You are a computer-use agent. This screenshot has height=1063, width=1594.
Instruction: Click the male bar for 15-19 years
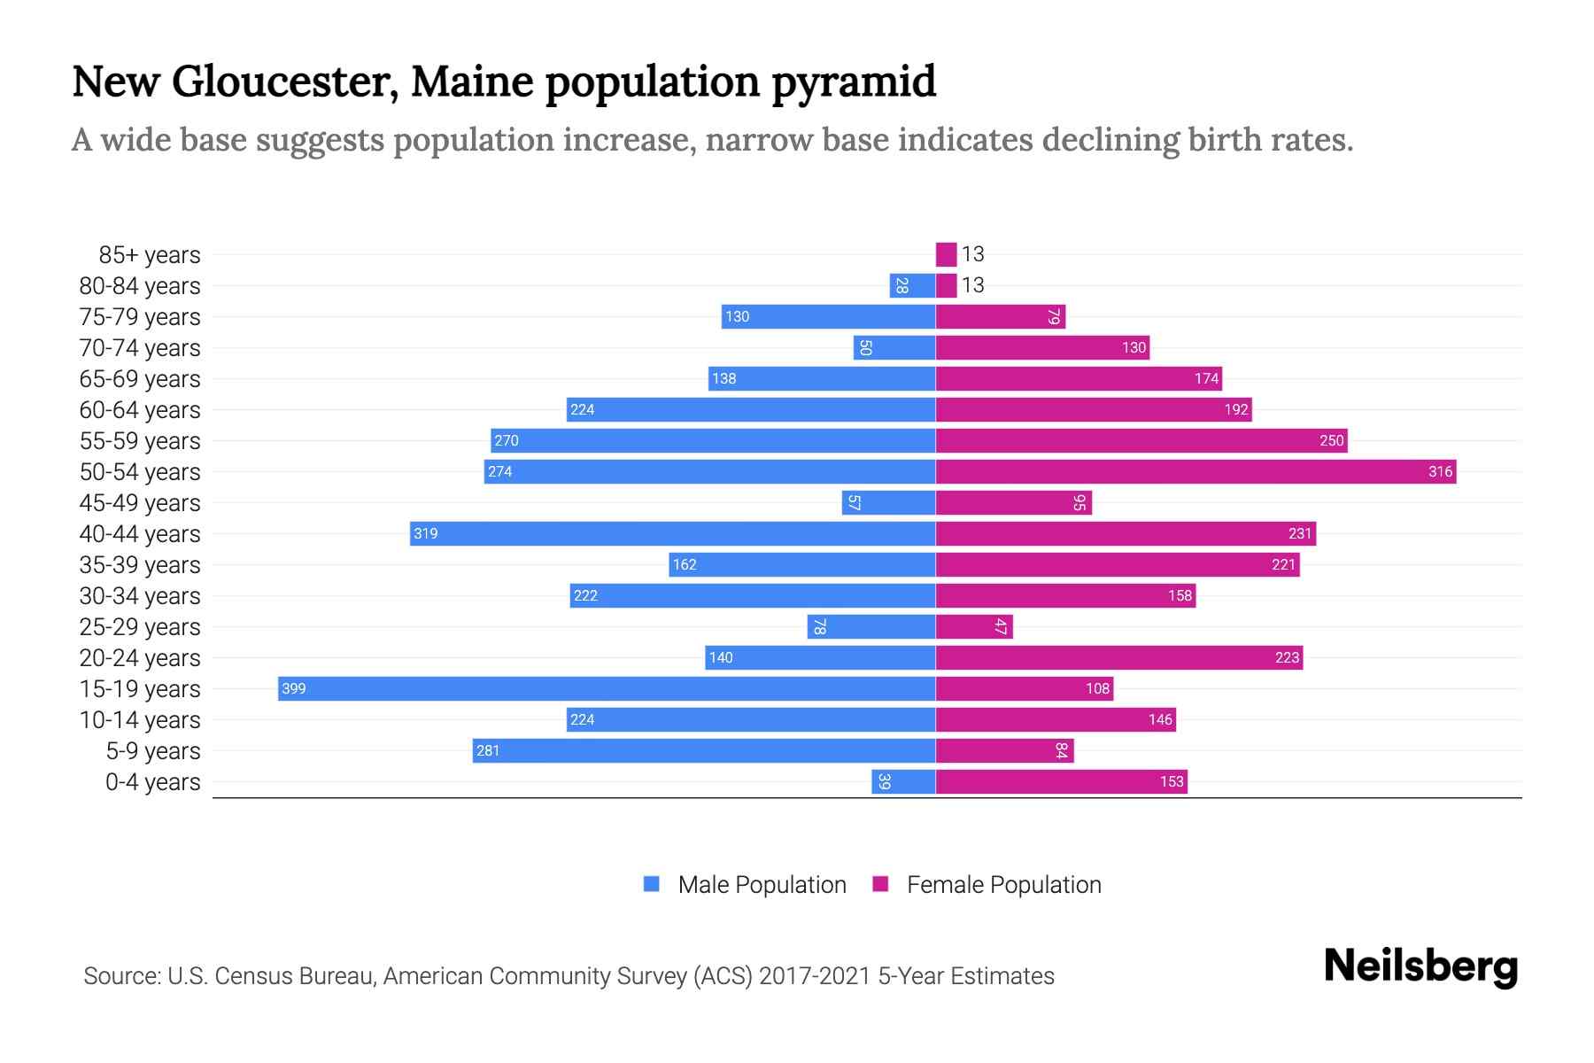pyautogui.click(x=607, y=688)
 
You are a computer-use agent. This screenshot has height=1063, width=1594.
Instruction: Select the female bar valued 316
pyautogui.click(x=1195, y=471)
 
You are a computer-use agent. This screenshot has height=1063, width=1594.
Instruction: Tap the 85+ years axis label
pyautogui.click(x=149, y=255)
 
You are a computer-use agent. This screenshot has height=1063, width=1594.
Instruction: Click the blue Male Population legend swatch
pyautogui.click(x=652, y=884)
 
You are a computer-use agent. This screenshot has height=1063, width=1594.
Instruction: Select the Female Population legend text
pyautogui.click(x=1003, y=885)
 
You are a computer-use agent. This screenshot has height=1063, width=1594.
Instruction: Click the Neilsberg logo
pyautogui.click(x=1420, y=966)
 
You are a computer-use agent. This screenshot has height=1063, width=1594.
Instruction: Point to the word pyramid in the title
pyautogui.click(x=854, y=81)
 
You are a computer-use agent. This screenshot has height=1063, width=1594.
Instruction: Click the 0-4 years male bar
pyautogui.click(x=903, y=781)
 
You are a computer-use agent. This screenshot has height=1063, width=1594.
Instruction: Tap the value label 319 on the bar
pyautogui.click(x=426, y=533)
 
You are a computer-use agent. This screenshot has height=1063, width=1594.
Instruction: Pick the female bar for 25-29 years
pyautogui.click(x=974, y=626)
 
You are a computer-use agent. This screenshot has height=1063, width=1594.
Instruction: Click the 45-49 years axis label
pyautogui.click(x=140, y=503)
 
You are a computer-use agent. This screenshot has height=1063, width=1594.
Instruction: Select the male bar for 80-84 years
pyautogui.click(x=912, y=285)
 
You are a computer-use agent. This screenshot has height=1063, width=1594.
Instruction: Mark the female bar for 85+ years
pyautogui.click(x=946, y=254)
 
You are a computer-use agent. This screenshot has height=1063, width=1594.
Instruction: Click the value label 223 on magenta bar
pyautogui.click(x=1287, y=657)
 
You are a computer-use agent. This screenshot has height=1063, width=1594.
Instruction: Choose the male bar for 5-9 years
pyautogui.click(x=704, y=750)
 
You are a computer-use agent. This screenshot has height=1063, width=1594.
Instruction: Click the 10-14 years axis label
pyautogui.click(x=140, y=720)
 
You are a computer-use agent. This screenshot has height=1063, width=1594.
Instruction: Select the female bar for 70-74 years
pyautogui.click(x=1042, y=347)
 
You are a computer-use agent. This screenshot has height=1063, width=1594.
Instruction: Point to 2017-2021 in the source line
pyautogui.click(x=815, y=976)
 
